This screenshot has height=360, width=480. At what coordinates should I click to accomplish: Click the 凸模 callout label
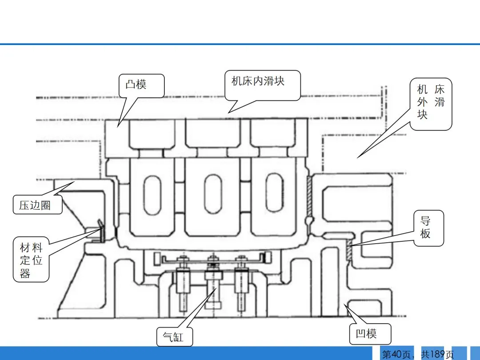click(x=136, y=84)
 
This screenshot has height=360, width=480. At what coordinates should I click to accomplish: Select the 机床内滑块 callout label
click(x=258, y=81)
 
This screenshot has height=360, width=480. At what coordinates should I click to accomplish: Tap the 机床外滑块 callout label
click(x=431, y=102)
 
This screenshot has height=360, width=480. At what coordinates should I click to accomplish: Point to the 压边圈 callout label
click(x=35, y=205)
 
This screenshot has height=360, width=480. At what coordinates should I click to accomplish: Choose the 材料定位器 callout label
click(x=31, y=260)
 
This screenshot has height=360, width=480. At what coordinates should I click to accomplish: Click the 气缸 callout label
click(x=173, y=337)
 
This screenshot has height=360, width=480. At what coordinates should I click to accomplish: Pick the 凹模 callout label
click(x=366, y=333)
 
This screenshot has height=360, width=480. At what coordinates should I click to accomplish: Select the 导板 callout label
click(x=425, y=227)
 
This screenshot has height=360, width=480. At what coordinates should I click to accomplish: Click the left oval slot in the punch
click(x=152, y=195)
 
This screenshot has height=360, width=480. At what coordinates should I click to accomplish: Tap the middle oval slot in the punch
click(x=213, y=194)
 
